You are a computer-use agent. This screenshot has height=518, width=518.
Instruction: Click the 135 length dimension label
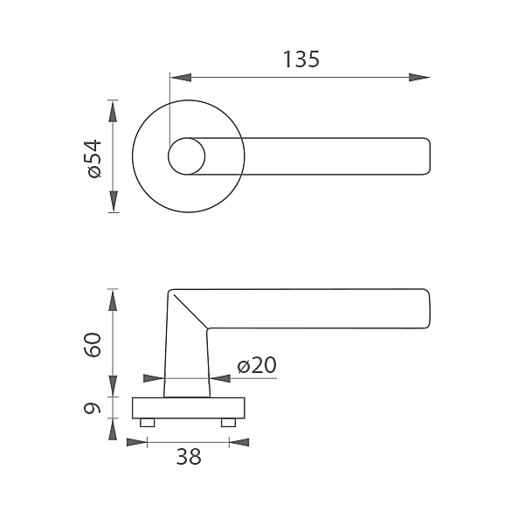coord(301,59)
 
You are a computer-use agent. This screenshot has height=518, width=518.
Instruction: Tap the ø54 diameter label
coord(94,158)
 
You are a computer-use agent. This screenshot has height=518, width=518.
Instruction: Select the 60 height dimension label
coord(93,345)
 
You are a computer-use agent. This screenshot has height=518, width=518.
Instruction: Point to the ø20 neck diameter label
coord(257,365)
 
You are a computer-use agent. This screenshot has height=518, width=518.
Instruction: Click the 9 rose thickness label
coord(93,408)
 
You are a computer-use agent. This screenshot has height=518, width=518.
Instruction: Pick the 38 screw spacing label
coord(189,457)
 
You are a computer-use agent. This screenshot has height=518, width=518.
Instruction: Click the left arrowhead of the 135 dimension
coord(181,78)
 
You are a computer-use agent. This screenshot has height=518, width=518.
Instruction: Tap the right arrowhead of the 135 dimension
coord(419,78)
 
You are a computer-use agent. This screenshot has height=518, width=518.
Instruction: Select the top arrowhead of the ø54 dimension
coord(113,111)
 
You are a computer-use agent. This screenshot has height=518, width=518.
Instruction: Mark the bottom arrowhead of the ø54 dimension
coord(113,201)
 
